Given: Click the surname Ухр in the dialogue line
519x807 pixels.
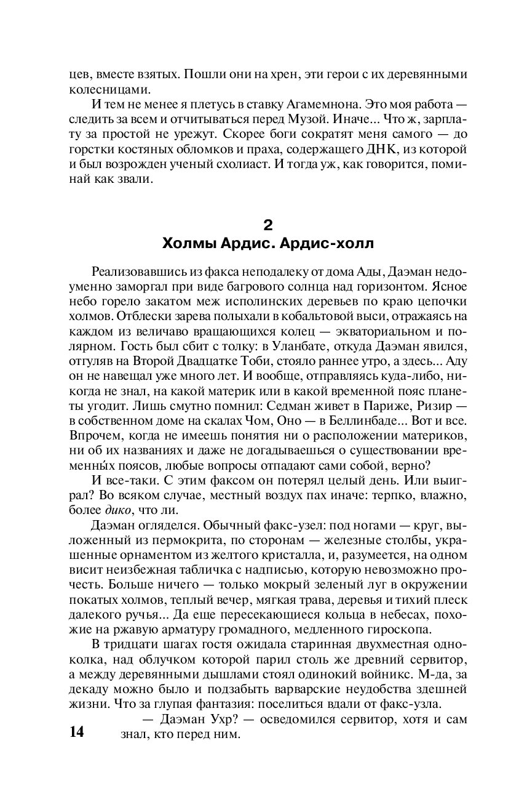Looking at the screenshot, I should pyautogui.click(x=210, y=718).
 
